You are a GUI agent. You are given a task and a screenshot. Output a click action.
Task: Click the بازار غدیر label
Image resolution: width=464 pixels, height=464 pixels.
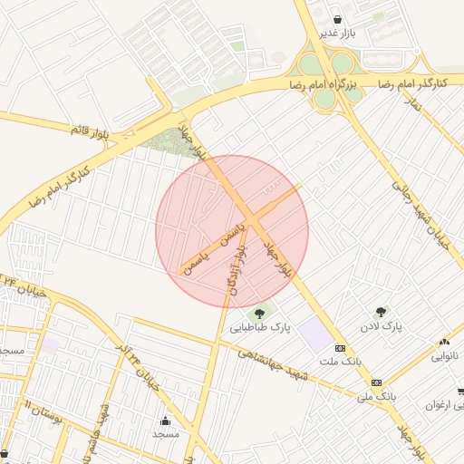(x=336, y=34)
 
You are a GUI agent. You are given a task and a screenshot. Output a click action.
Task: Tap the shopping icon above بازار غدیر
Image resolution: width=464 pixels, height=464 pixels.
(x=337, y=19)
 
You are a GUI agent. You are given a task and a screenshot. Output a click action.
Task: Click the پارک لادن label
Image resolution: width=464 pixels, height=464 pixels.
(x=382, y=324)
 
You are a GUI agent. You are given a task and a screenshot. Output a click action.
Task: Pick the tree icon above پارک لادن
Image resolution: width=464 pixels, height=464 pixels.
(x=381, y=311)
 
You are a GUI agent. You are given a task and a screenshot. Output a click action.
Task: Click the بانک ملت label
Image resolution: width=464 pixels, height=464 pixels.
(x=340, y=361)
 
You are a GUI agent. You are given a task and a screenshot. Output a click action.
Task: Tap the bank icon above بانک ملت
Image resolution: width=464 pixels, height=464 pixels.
(x=340, y=348)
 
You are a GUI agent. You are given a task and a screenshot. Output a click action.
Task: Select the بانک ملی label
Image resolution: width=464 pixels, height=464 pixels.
(x=377, y=396)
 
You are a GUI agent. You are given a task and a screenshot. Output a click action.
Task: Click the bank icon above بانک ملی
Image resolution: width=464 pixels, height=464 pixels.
(x=377, y=382)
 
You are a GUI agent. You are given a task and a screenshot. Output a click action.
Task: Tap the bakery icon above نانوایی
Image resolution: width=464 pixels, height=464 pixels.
(x=444, y=343)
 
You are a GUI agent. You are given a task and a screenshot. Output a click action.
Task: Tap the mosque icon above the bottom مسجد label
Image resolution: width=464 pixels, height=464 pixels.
(x=165, y=420)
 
